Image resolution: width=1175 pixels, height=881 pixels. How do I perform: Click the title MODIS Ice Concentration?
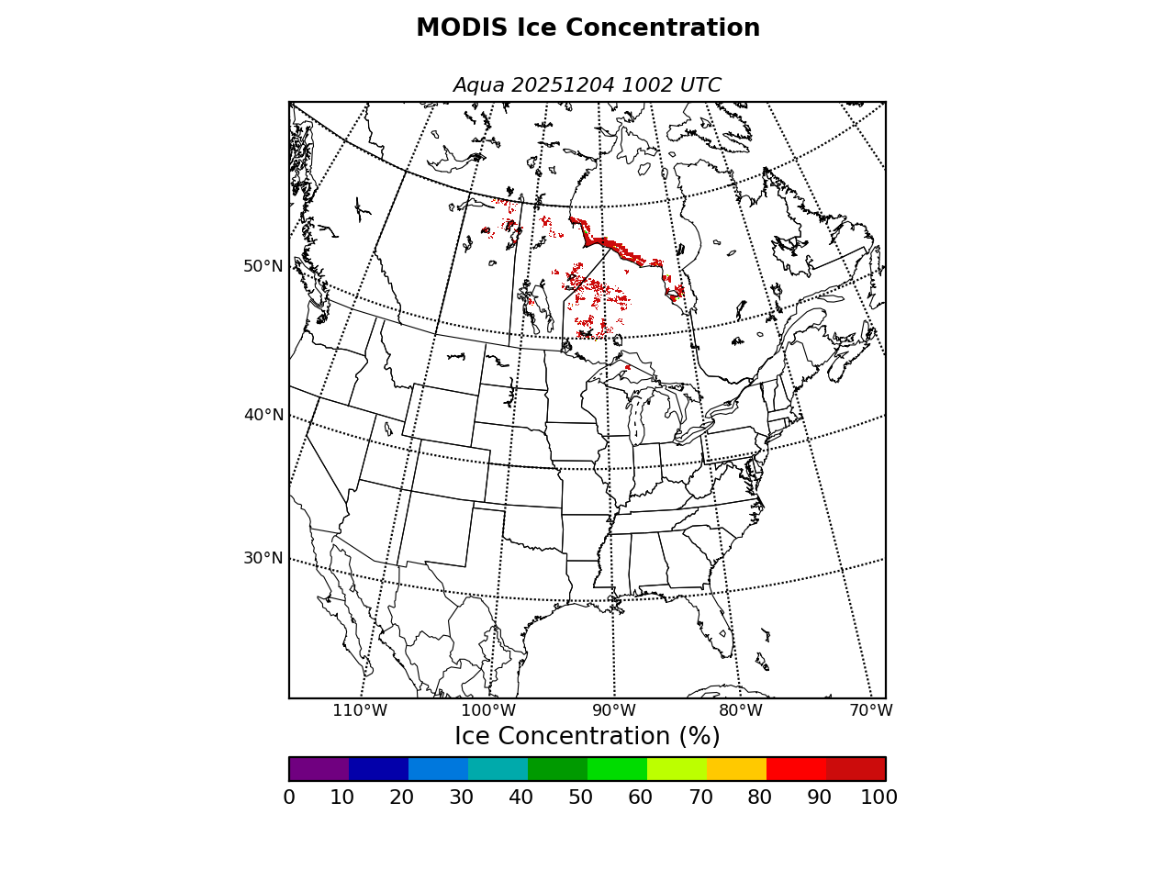pyautogui.click(x=587, y=28)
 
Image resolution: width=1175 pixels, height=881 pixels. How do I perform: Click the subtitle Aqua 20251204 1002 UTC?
pyautogui.click(x=587, y=85)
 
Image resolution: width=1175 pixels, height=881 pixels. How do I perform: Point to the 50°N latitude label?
pyautogui.click(x=263, y=266)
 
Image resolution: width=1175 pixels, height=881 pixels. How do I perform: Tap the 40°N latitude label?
pyautogui.click(x=263, y=415)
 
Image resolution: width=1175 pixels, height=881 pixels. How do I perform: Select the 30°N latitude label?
pyautogui.click(x=263, y=558)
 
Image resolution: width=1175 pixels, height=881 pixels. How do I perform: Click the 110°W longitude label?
pyautogui.click(x=360, y=710)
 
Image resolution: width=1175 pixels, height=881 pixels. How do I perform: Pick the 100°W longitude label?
pyautogui.click(x=487, y=710)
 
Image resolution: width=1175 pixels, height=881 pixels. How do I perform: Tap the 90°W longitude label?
pyautogui.click(x=613, y=710)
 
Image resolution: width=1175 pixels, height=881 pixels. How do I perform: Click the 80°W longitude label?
pyautogui.click(x=740, y=710)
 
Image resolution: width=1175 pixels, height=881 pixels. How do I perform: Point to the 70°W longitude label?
pyautogui.click(x=870, y=710)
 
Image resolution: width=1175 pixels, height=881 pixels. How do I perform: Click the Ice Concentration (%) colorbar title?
pyautogui.click(x=587, y=737)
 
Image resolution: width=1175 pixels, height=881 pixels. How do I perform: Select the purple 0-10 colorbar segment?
pyautogui.click(x=319, y=769)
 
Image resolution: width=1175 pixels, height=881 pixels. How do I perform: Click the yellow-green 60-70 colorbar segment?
pyautogui.click(x=677, y=769)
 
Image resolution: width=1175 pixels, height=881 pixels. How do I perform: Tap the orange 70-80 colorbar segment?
pyautogui.click(x=736, y=769)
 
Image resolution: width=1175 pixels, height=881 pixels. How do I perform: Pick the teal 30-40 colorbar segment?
pyautogui.click(x=498, y=769)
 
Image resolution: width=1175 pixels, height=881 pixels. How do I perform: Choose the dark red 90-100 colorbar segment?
pyautogui.click(x=856, y=769)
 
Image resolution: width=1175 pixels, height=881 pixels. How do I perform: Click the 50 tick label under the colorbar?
pyautogui.click(x=580, y=797)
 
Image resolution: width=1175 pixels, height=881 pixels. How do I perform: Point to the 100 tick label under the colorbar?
pyautogui.click(x=878, y=797)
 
